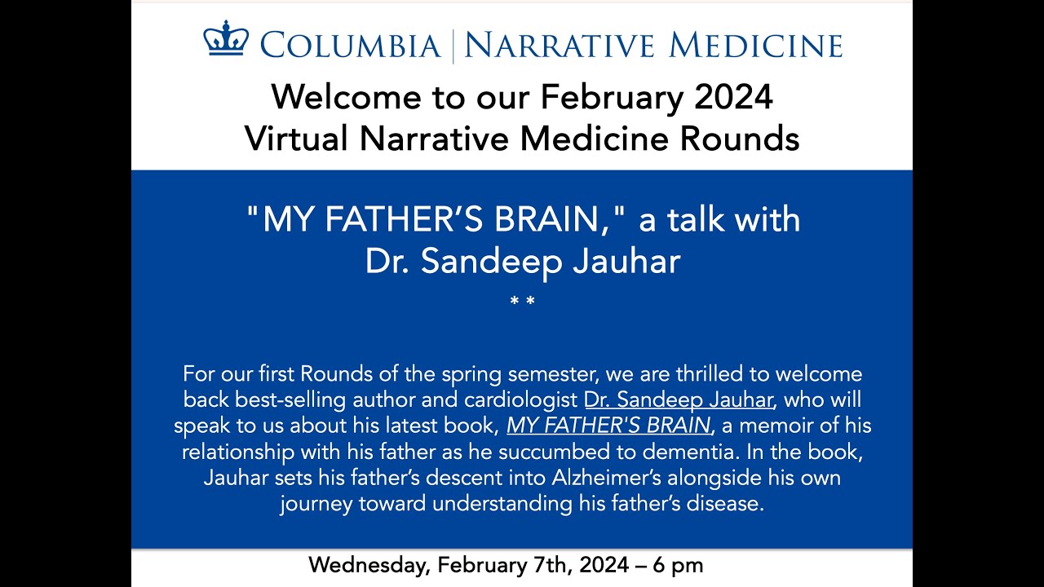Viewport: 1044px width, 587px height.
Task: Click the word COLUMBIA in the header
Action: pos(351,46)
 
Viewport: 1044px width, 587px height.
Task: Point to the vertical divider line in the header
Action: pos(453,46)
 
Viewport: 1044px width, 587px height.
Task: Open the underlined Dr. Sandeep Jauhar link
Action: pos(676,400)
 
